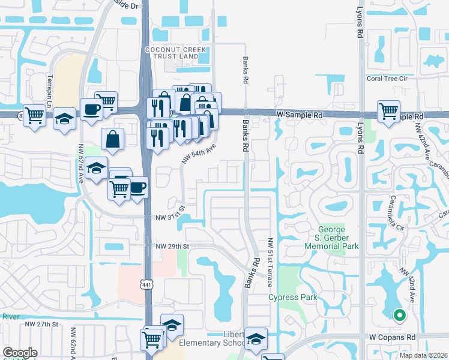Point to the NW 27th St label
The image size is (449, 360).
41,324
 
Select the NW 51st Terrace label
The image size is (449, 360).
271,262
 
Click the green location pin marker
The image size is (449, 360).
398,314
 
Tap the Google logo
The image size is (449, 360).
19,353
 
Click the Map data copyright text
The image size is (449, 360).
423,355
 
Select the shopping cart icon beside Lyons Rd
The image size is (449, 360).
388,111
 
